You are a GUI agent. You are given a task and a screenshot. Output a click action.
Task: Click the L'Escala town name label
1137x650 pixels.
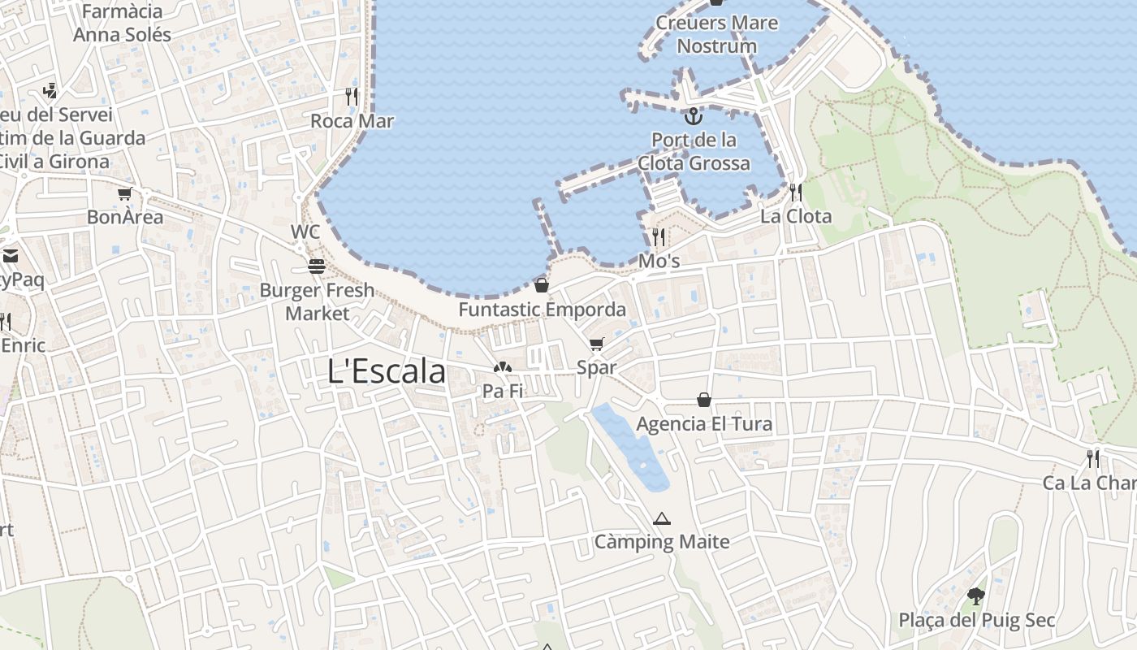click(387, 371)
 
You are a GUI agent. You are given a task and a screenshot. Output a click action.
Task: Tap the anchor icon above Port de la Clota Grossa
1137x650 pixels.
click(693, 116)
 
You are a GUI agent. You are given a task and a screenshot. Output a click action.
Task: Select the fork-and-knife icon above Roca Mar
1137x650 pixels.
click(352, 97)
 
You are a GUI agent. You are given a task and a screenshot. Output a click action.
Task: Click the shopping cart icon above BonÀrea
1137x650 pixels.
click(124, 194)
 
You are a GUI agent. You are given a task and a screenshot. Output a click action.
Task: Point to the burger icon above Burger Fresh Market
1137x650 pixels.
click(316, 266)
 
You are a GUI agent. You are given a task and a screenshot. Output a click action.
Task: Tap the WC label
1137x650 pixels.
click(305, 232)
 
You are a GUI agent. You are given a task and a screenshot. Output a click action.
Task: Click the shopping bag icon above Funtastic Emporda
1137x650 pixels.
click(542, 285)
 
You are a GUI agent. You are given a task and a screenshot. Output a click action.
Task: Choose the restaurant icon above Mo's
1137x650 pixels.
click(659, 237)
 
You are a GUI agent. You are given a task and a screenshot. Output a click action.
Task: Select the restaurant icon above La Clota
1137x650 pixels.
click(796, 193)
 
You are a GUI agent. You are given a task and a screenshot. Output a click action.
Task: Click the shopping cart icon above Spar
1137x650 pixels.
click(597, 344)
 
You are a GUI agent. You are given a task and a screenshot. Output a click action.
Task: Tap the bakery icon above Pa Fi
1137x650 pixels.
click(503, 368)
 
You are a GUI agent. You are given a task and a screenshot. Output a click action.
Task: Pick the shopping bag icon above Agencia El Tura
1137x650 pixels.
click(704, 400)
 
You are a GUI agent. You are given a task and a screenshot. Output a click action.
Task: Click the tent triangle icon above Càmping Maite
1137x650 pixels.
click(662, 518)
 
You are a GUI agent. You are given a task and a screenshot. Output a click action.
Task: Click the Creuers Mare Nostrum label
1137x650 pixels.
click(716, 34)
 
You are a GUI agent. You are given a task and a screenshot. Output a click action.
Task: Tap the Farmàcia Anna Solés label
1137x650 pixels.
click(123, 24)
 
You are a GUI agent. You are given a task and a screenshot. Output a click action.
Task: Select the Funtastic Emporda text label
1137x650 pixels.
click(543, 310)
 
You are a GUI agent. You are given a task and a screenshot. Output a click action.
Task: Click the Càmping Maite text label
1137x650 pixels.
click(662, 542)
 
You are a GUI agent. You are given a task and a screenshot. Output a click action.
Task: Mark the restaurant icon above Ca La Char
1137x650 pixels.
click(1093, 459)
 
